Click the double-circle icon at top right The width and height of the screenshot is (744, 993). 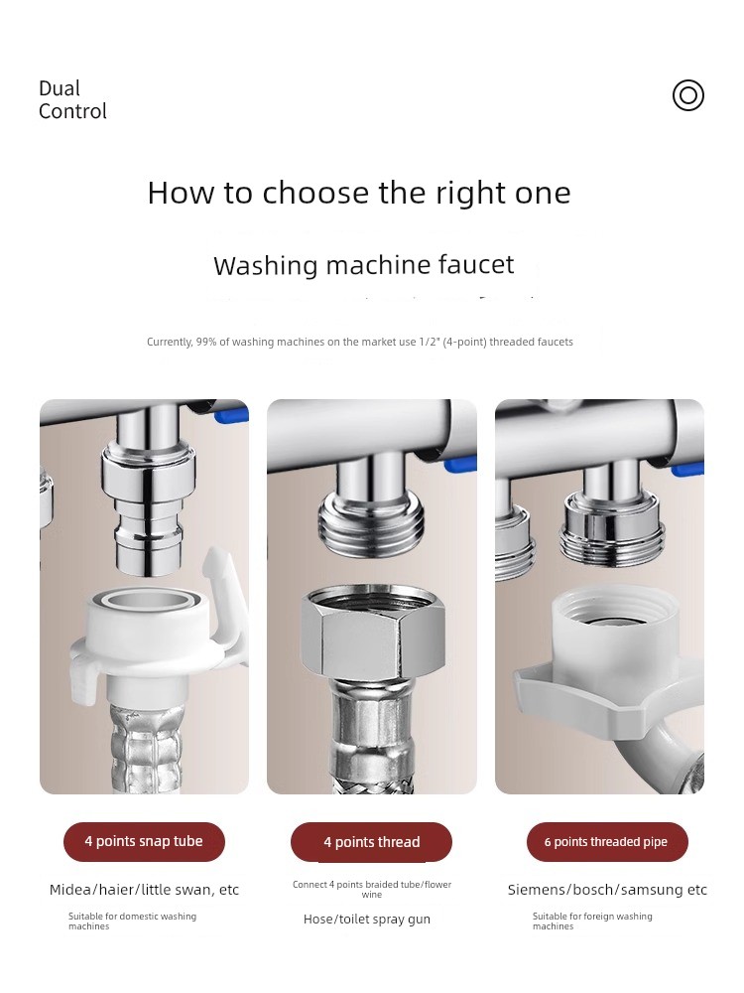click(688, 95)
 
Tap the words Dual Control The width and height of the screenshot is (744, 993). click(72, 100)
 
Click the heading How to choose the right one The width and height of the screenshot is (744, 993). click(359, 193)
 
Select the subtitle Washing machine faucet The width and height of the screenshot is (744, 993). click(364, 265)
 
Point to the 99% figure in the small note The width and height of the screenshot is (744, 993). click(205, 342)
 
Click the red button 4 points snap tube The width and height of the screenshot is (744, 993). click(144, 842)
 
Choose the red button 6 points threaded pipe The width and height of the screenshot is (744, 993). click(607, 842)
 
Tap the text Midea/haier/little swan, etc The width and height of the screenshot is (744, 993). click(144, 890)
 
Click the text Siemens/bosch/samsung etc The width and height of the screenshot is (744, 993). click(607, 890)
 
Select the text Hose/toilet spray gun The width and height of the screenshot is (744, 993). click(367, 920)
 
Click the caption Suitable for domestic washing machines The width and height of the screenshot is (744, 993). click(132, 922)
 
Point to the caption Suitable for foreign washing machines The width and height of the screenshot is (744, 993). click(592, 922)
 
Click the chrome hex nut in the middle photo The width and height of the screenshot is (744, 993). click(372, 634)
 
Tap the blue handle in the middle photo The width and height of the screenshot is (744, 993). click(460, 465)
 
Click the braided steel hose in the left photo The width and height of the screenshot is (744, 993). click(148, 748)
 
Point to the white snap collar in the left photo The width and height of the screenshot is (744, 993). click(149, 639)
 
